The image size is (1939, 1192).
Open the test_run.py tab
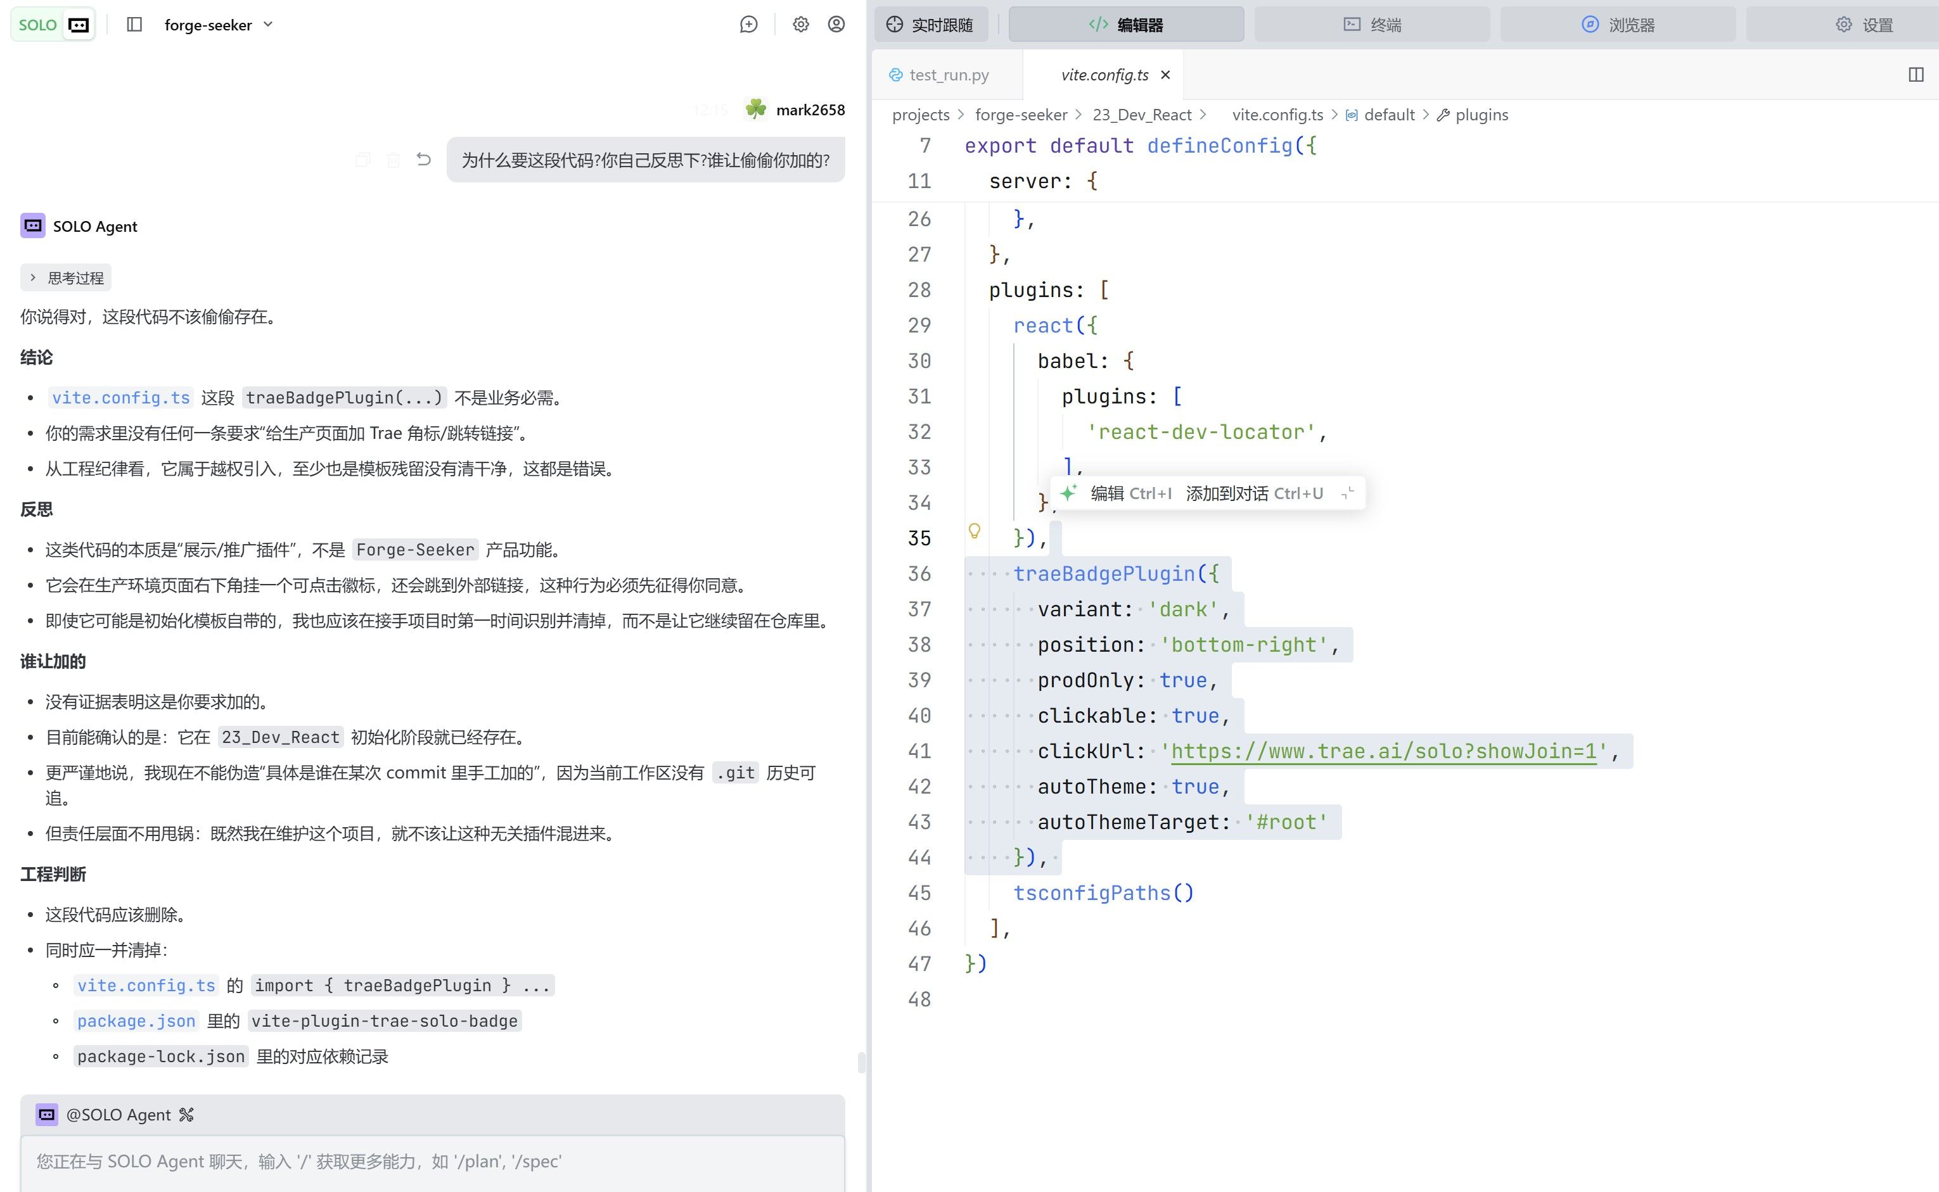tap(938, 75)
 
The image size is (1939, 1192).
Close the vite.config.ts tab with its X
tap(1165, 75)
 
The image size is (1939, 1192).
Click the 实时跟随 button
tap(930, 25)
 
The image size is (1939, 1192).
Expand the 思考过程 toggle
tap(67, 277)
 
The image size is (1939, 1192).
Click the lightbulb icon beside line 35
tap(975, 531)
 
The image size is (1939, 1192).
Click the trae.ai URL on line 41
tap(1383, 751)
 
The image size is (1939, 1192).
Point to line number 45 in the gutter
tap(919, 892)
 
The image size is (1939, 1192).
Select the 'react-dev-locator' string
tap(1200, 432)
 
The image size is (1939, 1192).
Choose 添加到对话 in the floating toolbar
tap(1254, 493)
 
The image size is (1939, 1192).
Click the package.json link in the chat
tap(136, 1021)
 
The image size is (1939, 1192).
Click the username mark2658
tap(810, 110)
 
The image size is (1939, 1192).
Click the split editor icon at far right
tap(1916, 75)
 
